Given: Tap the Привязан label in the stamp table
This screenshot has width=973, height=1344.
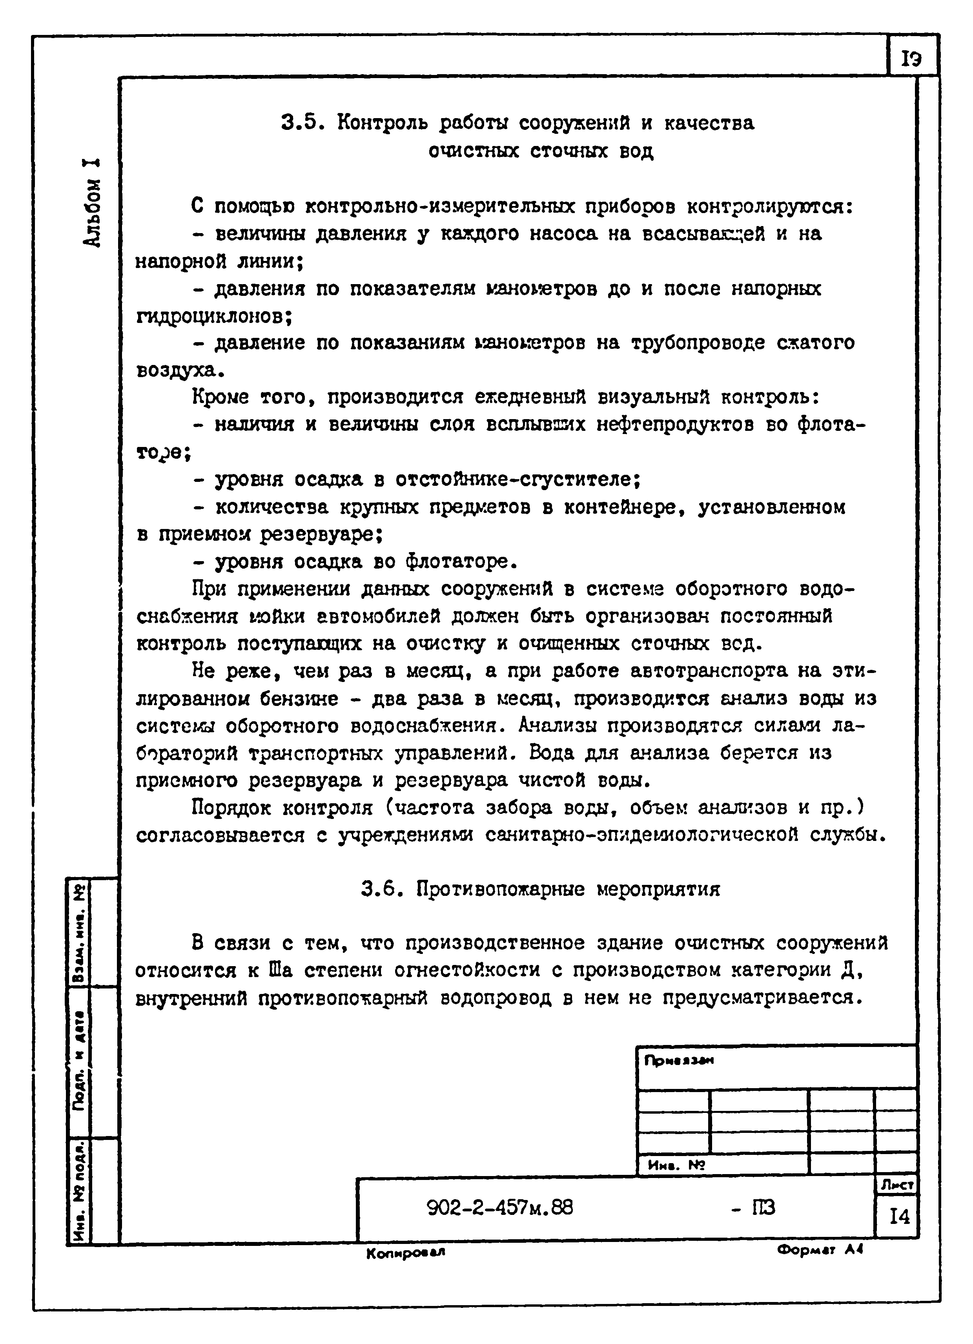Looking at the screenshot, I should point(679,1061).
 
